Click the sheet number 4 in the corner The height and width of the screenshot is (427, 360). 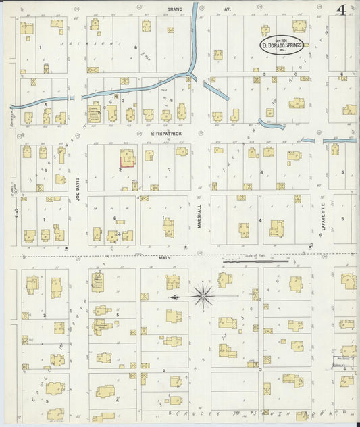point(342,9)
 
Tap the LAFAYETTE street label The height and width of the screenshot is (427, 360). point(323,216)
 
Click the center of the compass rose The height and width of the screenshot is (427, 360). point(203,295)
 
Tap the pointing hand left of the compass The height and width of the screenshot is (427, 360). point(174,296)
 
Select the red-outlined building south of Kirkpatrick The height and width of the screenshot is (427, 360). point(127,157)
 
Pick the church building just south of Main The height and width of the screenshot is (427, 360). point(98,282)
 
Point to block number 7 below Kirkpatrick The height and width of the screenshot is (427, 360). point(168,168)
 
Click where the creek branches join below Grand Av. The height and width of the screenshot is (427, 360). point(190,72)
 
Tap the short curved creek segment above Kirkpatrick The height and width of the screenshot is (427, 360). point(271,124)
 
